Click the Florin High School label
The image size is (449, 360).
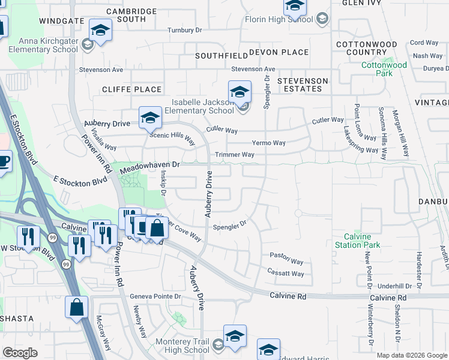tap(279, 19)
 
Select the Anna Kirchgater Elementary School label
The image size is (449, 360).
tap(48, 45)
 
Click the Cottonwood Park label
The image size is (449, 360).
tap(384, 68)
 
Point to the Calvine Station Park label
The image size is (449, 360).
tap(358, 241)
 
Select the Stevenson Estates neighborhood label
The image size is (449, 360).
tap(303, 85)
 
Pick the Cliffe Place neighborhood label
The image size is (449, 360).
tap(131, 89)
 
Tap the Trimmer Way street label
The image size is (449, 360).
tap(235, 155)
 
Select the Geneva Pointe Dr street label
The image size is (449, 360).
tap(155, 296)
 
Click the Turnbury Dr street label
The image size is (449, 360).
tap(184, 30)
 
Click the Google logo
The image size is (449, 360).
tap(20, 352)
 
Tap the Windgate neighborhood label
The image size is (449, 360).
tap(61, 20)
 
